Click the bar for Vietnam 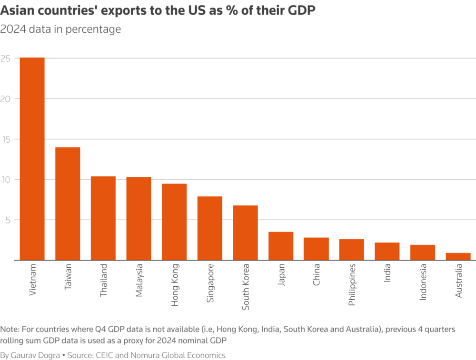(32, 159)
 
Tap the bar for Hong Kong (174, 222)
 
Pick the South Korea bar (245, 233)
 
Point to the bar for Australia (458, 256)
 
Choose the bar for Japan (281, 246)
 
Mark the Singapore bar (210, 228)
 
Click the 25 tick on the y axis (6, 58)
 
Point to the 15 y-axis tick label (6, 139)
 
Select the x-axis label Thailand (103, 281)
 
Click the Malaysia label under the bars (139, 281)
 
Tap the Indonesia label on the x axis (423, 282)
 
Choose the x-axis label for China (316, 276)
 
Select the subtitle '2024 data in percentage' (60, 29)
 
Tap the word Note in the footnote (9, 329)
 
